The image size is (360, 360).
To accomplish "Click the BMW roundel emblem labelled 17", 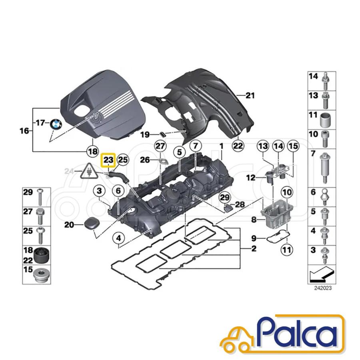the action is (x=56, y=124).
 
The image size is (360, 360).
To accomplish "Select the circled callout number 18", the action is (x=93, y=152).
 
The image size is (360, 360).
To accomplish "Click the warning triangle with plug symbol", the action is (x=89, y=172).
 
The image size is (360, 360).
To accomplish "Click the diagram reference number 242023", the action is (x=323, y=288).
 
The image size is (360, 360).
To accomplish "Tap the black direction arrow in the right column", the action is (x=322, y=274).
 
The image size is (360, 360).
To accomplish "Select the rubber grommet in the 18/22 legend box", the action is (x=42, y=256).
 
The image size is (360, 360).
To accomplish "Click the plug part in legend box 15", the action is (x=41, y=275).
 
